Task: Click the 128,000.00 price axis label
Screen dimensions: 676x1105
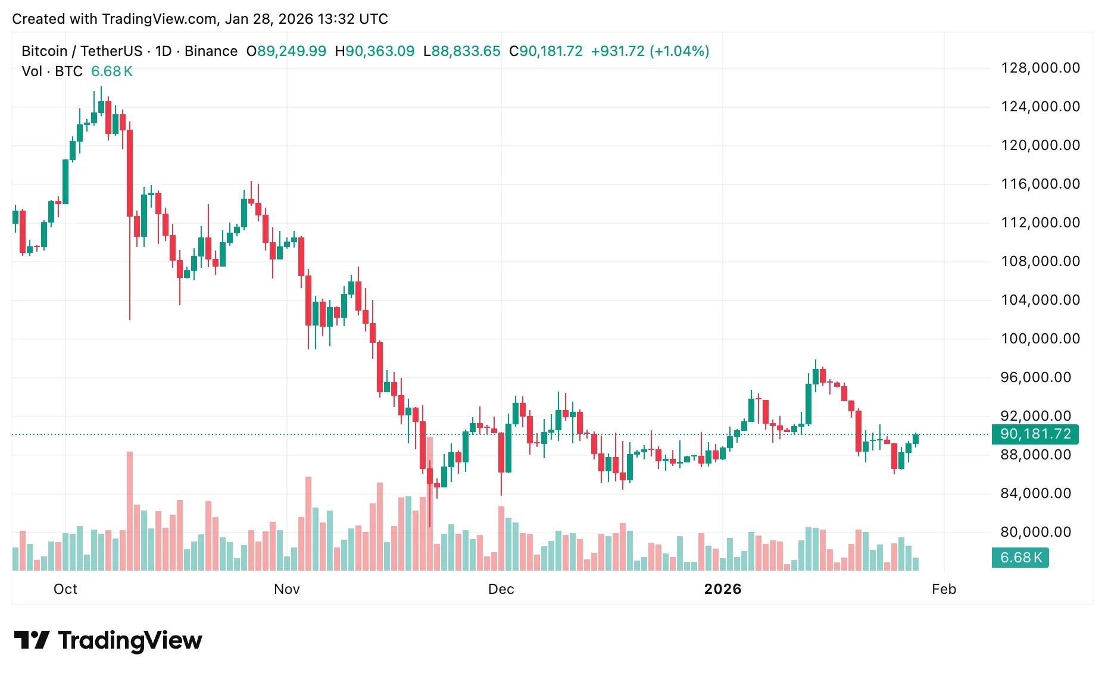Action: [x=1040, y=68]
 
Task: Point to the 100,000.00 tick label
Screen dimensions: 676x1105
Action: [x=1040, y=339]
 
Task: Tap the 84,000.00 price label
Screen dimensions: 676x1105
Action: [x=1035, y=493]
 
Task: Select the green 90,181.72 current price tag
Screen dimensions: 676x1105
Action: [x=1035, y=434]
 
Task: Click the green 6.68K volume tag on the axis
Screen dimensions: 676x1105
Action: [x=1020, y=558]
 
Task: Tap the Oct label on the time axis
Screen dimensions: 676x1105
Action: [x=65, y=589]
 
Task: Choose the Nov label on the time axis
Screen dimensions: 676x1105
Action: [x=286, y=589]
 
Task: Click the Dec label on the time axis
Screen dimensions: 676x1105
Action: [x=501, y=589]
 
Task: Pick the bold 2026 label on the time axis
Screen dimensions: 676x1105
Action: [x=722, y=589]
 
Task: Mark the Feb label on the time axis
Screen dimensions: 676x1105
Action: [x=944, y=589]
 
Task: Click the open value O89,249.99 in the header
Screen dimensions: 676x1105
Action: [x=286, y=51]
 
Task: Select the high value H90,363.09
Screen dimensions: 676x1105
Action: [x=374, y=51]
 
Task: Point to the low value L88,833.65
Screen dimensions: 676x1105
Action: [x=461, y=51]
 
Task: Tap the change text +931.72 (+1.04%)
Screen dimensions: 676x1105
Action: [x=650, y=51]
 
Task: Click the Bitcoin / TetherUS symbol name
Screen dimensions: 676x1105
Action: [x=82, y=51]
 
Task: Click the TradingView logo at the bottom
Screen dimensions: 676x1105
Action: [x=108, y=640]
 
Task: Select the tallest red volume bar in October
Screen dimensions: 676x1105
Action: [x=130, y=512]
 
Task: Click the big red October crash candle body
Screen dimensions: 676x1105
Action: [x=130, y=173]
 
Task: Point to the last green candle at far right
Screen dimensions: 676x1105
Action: [x=915, y=439]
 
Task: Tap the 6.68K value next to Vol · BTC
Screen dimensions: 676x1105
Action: [x=111, y=71]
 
